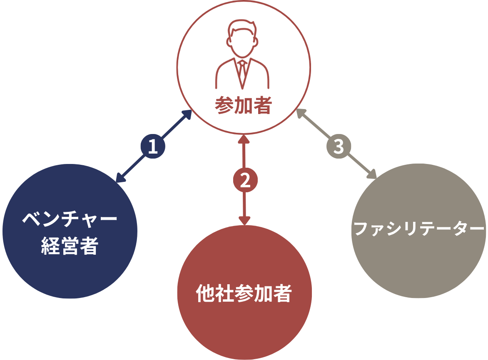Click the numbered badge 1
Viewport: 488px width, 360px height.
coord(153,146)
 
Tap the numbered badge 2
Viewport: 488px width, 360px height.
coord(245,180)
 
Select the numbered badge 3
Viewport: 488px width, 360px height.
coord(339,146)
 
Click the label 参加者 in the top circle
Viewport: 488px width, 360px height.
coord(243,105)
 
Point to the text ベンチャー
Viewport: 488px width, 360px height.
coord(70,219)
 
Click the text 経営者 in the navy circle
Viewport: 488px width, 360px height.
coord(70,246)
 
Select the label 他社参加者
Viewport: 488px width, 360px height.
coord(244,293)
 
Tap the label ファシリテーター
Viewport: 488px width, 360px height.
coord(419,229)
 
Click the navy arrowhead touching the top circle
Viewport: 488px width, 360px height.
coord(187,114)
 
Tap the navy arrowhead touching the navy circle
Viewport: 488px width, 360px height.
coord(120,177)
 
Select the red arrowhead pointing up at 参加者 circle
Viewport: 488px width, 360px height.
coord(244,139)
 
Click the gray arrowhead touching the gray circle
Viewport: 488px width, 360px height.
coord(372,174)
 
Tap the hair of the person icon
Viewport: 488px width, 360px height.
coord(243,27)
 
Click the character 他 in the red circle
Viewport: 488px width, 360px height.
coord(205,293)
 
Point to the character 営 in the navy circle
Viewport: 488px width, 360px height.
coord(70,246)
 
